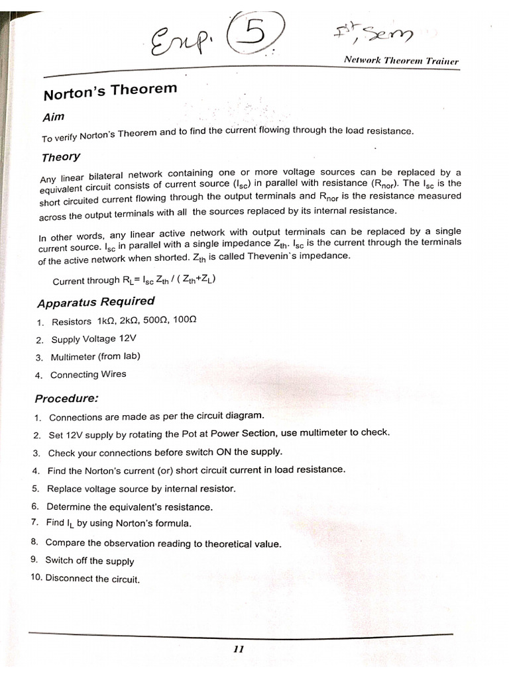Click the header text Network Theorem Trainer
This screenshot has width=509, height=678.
(401, 60)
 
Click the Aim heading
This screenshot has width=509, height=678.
(54, 117)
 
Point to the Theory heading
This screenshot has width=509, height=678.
(61, 157)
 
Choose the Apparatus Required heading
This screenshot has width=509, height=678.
(96, 302)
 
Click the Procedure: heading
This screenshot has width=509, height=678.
(67, 399)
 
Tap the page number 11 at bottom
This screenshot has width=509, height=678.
(239, 650)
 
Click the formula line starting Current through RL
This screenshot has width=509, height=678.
(134, 279)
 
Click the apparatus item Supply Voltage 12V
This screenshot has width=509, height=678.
(93, 339)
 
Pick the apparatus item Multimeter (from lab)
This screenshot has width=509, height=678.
(95, 356)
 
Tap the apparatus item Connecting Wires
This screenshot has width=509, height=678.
(88, 375)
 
